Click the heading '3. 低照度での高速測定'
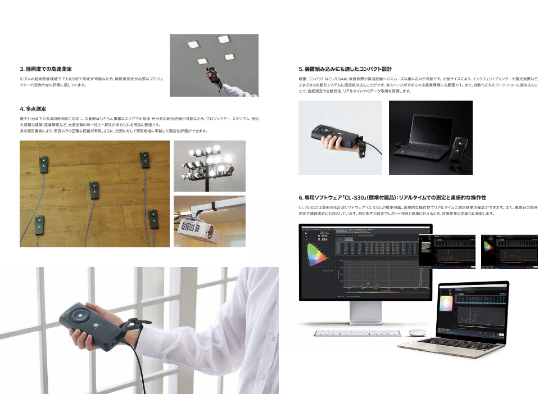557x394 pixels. [46, 69]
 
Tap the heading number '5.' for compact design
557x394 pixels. [301, 69]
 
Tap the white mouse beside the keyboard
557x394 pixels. [416, 332]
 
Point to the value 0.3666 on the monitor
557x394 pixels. [323, 239]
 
